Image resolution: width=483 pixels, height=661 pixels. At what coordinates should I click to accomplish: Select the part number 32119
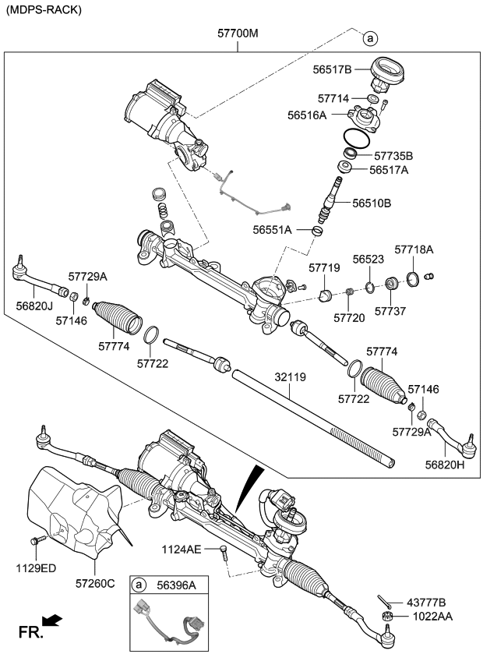pos(290,377)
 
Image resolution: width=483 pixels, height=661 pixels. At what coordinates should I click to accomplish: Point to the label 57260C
pos(95,582)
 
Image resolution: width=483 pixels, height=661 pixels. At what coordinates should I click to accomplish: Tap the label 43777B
pos(425,603)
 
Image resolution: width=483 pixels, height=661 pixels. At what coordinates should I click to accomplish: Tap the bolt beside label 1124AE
pos(224,553)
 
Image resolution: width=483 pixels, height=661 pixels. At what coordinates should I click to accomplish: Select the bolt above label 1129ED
pos(36,539)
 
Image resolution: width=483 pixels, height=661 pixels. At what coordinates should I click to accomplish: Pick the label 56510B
pos(372,203)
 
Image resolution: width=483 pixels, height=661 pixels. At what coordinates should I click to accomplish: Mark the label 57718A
pos(414,249)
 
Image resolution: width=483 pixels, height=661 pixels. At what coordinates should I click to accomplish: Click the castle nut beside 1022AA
pos(387,617)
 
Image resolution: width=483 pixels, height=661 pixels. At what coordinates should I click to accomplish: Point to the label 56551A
pos(272,230)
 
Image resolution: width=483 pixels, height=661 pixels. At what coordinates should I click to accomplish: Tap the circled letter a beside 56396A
pos(139,585)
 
